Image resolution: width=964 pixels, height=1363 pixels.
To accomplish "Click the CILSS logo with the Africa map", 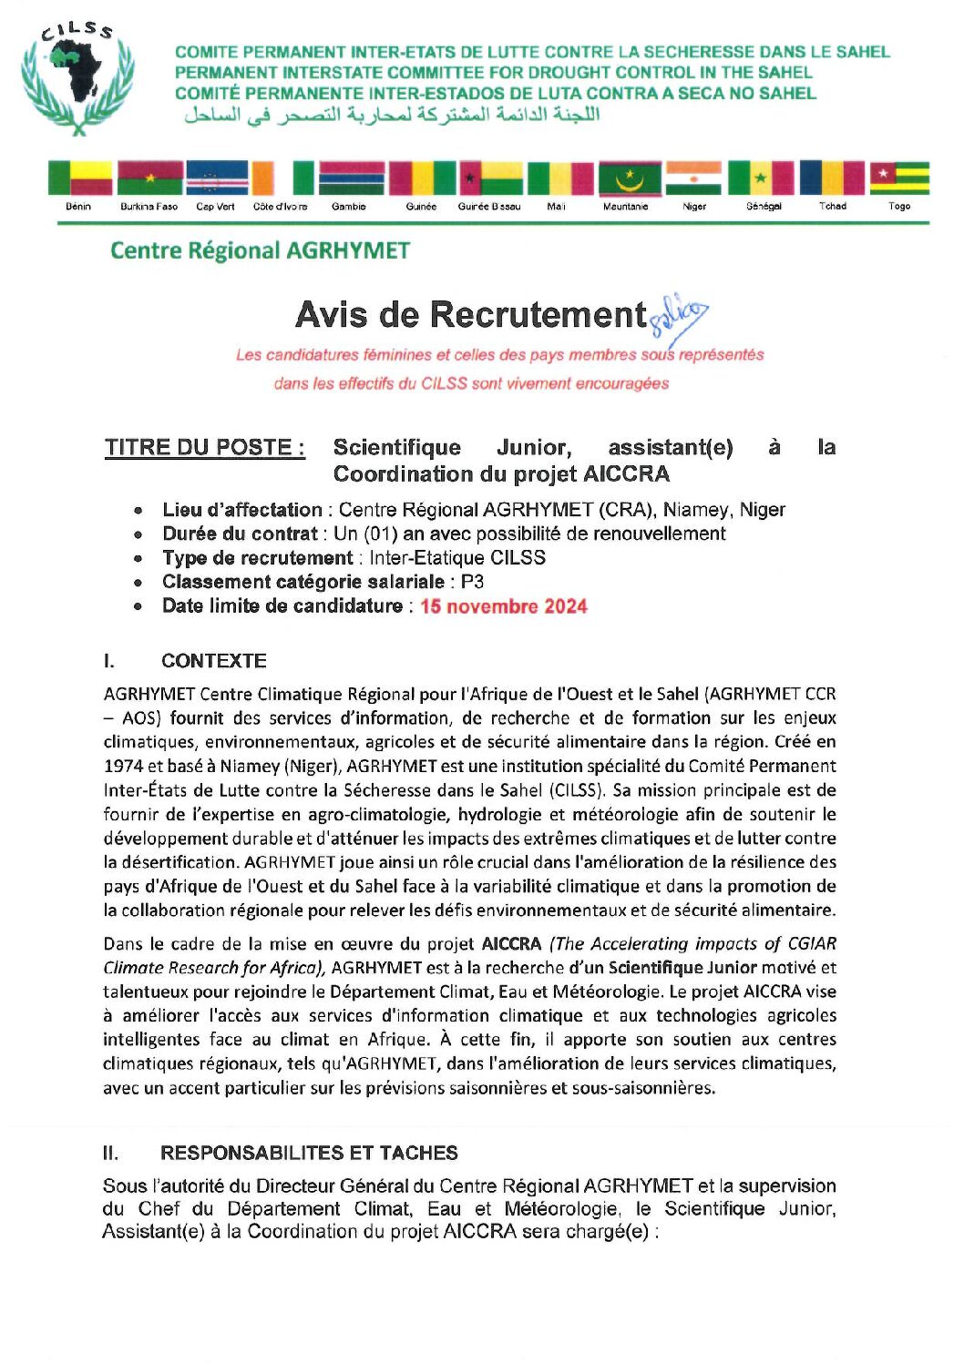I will point(78,80).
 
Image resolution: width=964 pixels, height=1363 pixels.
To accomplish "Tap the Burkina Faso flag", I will point(149,178).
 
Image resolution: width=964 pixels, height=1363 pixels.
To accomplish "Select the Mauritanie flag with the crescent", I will point(629,178).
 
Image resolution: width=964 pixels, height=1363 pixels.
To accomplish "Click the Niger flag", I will point(693,178).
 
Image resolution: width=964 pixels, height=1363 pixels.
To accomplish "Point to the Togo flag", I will point(899,178).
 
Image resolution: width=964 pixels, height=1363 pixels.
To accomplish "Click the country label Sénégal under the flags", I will point(764,207).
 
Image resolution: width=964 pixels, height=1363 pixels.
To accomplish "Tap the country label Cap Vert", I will point(215,207).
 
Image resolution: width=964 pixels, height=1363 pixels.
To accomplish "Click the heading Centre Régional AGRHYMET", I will point(260,250).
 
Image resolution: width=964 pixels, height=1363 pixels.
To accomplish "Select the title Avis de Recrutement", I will point(470,315).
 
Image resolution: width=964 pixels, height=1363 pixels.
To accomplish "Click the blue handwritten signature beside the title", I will point(679,315).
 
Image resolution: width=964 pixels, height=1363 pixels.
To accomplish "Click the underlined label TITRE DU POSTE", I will point(204,447).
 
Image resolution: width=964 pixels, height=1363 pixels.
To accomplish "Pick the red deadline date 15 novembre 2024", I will point(503,606).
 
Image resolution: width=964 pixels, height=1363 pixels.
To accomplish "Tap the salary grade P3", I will point(472,582).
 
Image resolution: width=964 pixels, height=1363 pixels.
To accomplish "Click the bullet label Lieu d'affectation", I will point(241,510).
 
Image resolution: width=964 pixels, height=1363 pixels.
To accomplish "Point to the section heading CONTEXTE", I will point(213,661).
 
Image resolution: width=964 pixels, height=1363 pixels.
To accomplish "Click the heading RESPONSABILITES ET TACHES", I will point(309,1153).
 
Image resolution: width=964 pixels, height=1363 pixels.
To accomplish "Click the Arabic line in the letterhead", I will point(392,116).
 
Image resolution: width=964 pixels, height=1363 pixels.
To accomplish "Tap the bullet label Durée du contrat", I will point(239,534).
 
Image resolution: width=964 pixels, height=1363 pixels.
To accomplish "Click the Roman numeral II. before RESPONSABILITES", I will point(110,1153).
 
